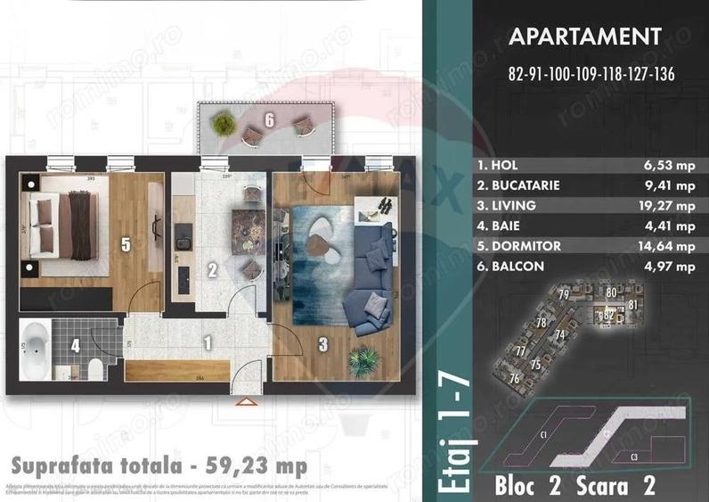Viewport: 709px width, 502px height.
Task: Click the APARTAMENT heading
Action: point(583,37)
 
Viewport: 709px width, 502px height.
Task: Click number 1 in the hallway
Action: point(206,340)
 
